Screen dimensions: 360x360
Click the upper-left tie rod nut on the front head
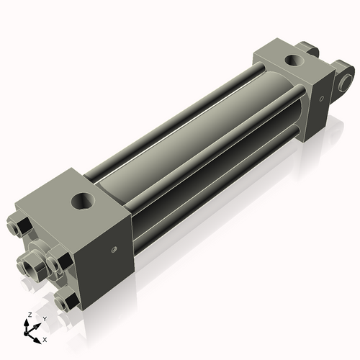click(19, 229)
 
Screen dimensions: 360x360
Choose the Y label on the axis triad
click(44, 318)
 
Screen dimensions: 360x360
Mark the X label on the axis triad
click(45, 338)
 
